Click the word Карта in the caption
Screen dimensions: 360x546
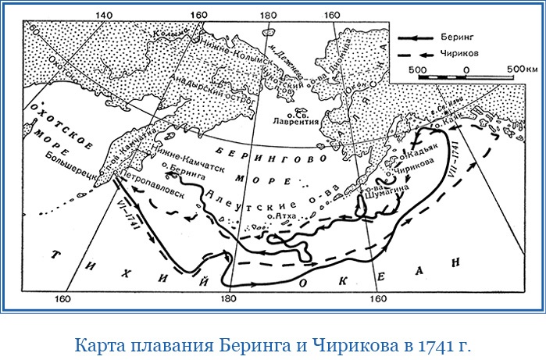click(98, 344)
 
